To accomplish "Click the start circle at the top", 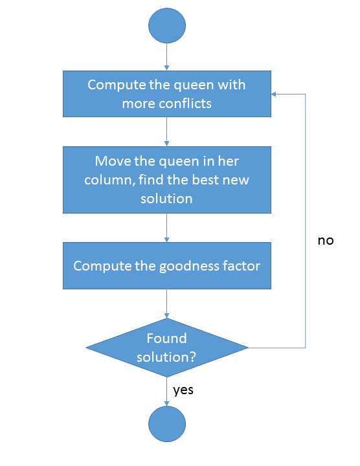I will [167, 26].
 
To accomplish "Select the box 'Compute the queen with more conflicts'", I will [167, 94].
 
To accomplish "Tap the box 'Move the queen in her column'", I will [167, 179].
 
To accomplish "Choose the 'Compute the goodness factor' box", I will [167, 266].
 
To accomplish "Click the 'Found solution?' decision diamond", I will [167, 348].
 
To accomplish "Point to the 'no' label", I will [325, 240].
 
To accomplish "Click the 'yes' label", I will [183, 390].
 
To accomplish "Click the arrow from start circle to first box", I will [167, 57].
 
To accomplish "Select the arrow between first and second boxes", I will [167, 131].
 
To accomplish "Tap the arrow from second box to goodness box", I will [167, 227].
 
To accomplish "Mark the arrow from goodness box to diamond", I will [167, 303].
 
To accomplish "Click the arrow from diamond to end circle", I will [167, 391].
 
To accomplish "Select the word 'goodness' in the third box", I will [185, 266].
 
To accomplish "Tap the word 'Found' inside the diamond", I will [166, 338].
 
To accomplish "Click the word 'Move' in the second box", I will [111, 161].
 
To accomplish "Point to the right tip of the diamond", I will [247, 348].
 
